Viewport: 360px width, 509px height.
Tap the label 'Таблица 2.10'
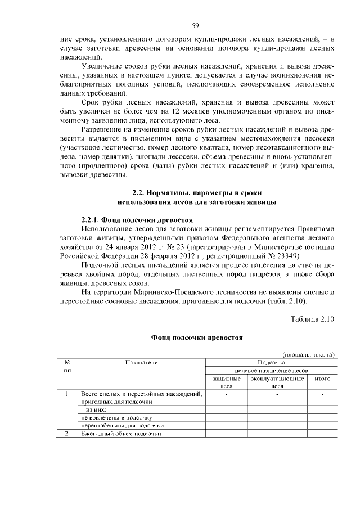[312, 319]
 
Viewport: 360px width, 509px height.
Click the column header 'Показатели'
[142, 363]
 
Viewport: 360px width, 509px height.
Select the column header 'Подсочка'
[272, 363]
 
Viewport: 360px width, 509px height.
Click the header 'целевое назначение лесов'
[271, 371]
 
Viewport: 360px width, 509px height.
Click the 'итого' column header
[322, 380]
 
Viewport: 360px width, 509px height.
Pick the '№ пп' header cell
[67, 367]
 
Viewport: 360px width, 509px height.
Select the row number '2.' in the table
[66, 434]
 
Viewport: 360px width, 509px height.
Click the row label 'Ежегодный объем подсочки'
[121, 434]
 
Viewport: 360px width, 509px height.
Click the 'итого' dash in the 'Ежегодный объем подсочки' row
[322, 434]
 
